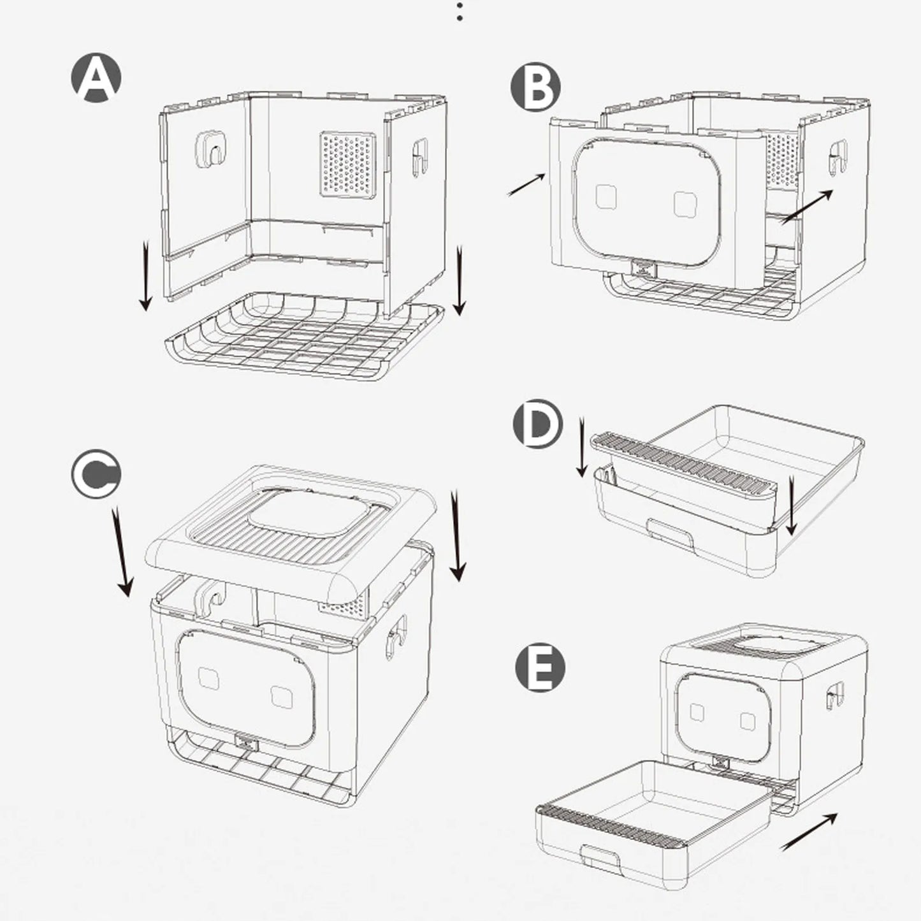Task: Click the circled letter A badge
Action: pos(96,78)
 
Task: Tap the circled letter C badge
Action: pos(96,474)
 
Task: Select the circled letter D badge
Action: pos(538,424)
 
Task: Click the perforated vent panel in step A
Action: pos(347,164)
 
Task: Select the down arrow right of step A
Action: pos(459,280)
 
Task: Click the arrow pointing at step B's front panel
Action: pos(526,185)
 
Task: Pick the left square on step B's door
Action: pos(606,197)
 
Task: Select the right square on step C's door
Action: pos(281,696)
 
